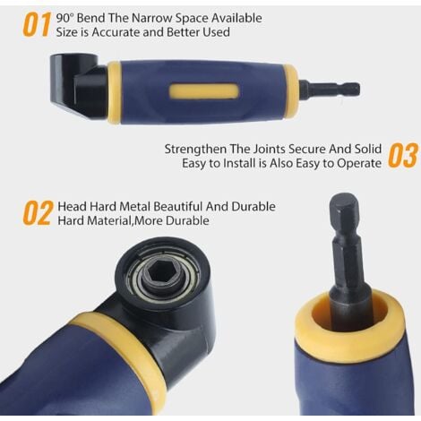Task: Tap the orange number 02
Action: [x=37, y=213]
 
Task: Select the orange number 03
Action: [x=402, y=155]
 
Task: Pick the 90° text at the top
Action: [x=66, y=16]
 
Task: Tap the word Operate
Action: [x=358, y=163]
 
